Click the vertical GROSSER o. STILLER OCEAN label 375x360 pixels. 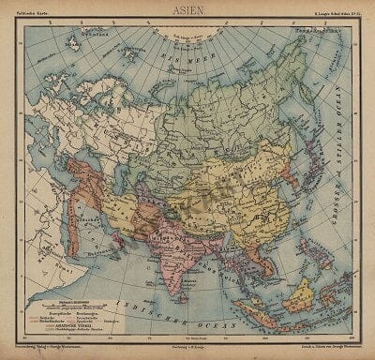(x=343, y=159)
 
